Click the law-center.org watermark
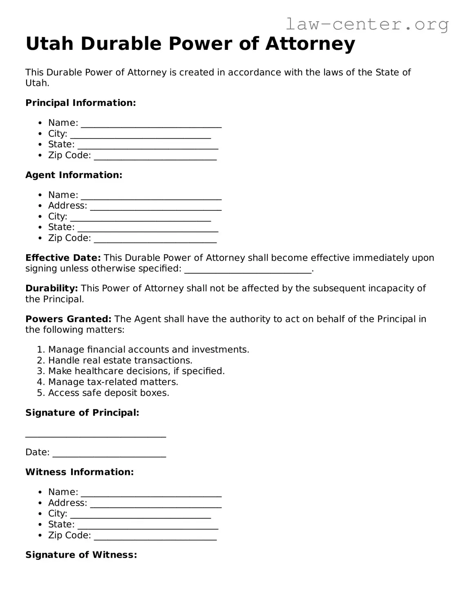pos(367,24)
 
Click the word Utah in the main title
pos(49,44)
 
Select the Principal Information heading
pos(81,103)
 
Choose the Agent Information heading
pos(74,175)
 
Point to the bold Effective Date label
pos(63,258)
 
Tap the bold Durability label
pos(51,288)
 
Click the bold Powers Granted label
pos(68,319)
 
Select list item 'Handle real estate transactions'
pos(120,360)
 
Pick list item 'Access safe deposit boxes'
pos(108,393)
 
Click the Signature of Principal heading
pos(82,413)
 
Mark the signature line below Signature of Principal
pos(96,436)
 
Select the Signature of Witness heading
pos(81,555)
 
